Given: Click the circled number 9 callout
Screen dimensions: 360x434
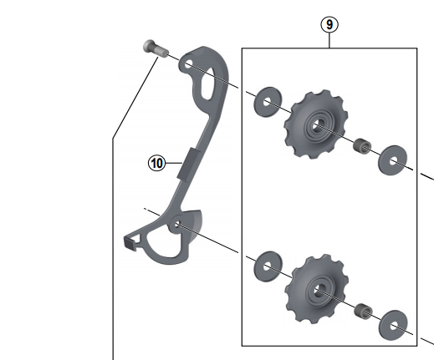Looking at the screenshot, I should [x=330, y=24].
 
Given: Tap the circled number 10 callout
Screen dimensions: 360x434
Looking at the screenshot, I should [x=156, y=164].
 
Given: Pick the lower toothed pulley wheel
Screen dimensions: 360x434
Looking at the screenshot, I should [x=318, y=290].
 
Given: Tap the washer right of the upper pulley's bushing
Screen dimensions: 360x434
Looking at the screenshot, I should [x=391, y=160].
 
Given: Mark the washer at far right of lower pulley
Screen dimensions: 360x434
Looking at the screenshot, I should [x=391, y=324].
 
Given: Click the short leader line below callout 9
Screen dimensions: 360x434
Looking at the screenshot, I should [x=330, y=41].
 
